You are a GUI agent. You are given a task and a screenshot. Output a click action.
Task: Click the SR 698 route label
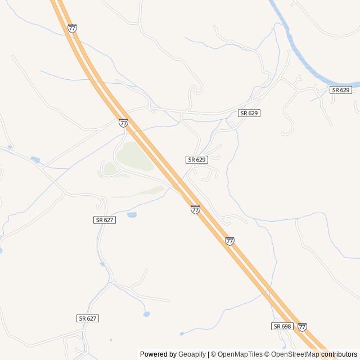(x=282, y=326)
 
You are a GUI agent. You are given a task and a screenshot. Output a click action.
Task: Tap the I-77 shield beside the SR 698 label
(x=302, y=327)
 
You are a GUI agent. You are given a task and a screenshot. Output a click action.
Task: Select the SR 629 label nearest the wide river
(x=341, y=90)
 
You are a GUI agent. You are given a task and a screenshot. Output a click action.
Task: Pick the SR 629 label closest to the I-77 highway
(x=197, y=160)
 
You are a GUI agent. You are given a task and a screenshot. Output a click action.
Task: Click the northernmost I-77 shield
(x=72, y=28)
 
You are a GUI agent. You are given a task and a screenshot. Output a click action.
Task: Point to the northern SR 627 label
(x=105, y=220)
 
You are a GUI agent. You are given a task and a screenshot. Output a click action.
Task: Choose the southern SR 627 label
(x=88, y=318)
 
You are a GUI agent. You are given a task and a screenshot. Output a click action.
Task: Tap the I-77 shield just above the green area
(x=123, y=123)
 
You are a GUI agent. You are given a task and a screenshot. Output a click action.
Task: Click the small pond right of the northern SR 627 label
(x=132, y=215)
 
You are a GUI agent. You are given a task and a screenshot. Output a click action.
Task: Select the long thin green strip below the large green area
(x=141, y=193)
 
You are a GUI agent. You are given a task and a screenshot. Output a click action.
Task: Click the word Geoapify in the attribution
(x=192, y=354)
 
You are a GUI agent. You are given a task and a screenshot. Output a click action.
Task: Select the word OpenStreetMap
(x=295, y=354)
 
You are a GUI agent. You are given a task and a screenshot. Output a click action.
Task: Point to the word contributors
(x=339, y=354)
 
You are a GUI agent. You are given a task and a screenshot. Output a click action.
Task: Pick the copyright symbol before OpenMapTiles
(x=214, y=354)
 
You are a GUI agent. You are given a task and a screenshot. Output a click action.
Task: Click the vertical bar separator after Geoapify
(x=208, y=354)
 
